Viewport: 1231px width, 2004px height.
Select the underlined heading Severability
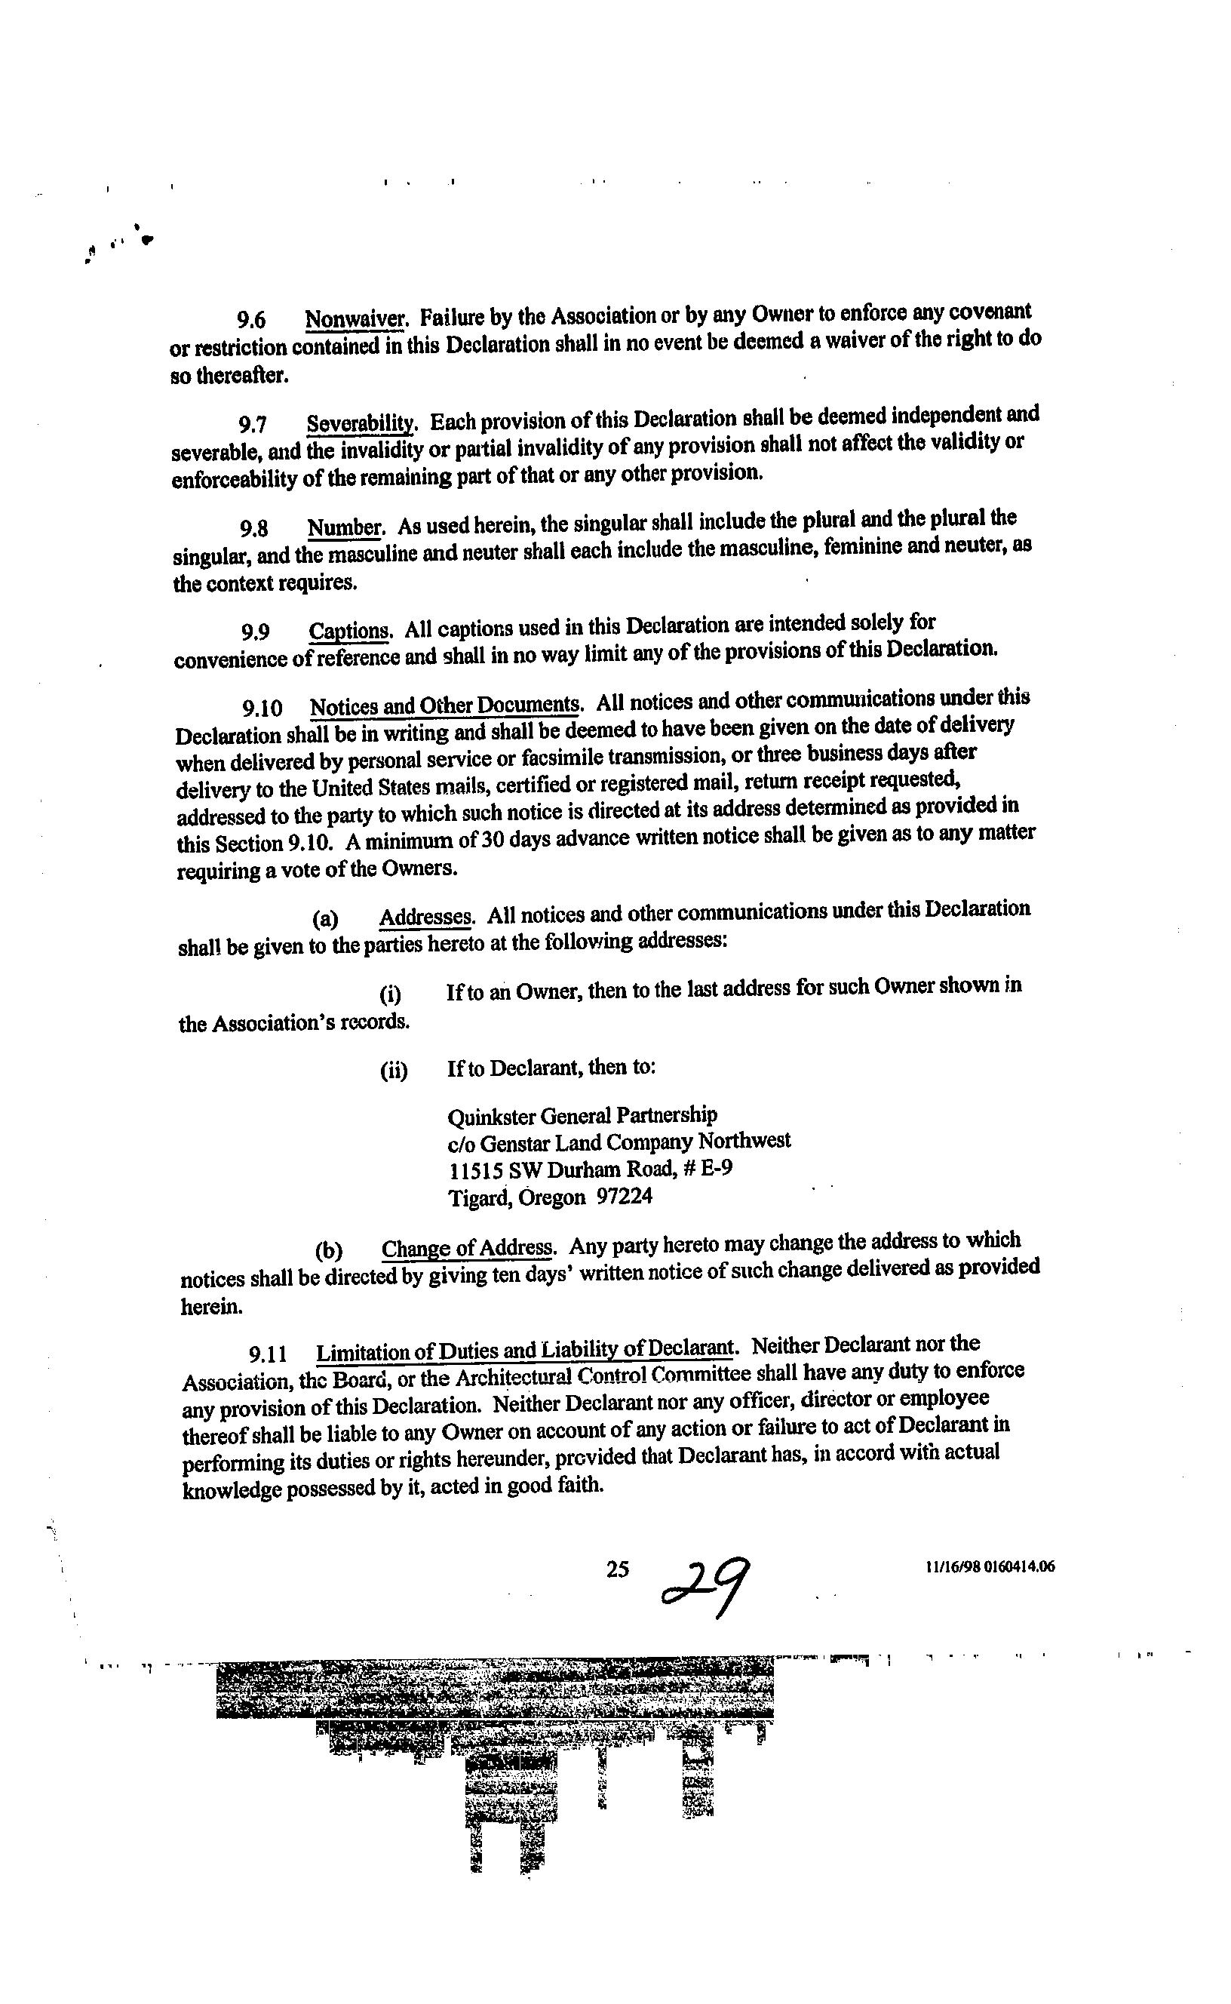361,423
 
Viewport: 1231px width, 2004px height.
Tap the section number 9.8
254,530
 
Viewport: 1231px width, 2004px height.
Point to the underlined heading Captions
350,631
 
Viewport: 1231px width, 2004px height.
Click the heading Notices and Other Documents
444,705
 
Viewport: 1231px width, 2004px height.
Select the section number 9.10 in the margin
262,708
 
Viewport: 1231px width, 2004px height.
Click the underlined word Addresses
425,917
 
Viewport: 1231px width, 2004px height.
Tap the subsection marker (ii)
393,1070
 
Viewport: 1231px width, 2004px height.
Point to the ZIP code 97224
625,1197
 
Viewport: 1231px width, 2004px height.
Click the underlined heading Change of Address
468,1248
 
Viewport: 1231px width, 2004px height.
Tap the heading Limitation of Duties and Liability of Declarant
524,1352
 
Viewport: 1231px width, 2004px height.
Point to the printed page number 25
617,1569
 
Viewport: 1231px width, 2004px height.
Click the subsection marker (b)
328,1251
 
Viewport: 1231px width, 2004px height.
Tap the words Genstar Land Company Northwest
635,1142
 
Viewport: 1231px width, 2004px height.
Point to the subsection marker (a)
325,919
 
